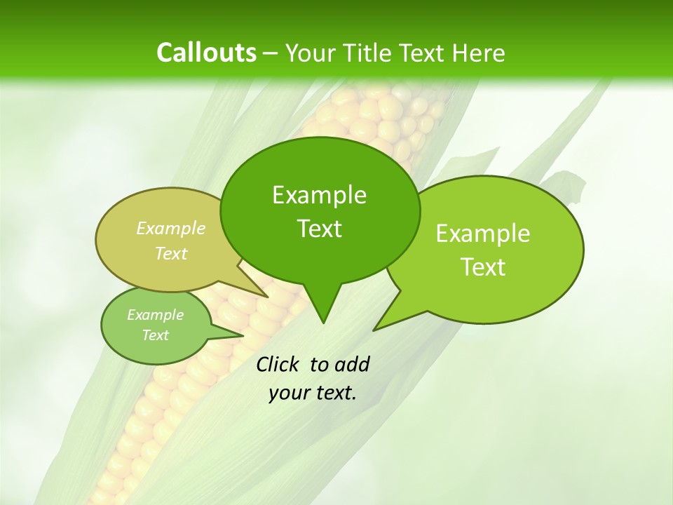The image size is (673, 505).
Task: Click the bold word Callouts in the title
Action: (206, 53)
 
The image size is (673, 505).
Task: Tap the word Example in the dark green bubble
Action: (319, 195)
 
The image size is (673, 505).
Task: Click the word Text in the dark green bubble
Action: (319, 228)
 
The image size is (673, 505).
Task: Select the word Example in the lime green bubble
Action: (483, 234)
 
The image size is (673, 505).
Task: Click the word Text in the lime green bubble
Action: (483, 267)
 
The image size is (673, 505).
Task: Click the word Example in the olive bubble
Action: (171, 228)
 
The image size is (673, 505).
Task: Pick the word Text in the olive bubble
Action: (171, 253)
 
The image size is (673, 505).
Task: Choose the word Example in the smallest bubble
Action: (155, 315)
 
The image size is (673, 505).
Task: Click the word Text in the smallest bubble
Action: (155, 335)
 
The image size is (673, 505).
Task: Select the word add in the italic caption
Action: (352, 364)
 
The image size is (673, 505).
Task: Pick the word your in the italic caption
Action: (287, 393)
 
